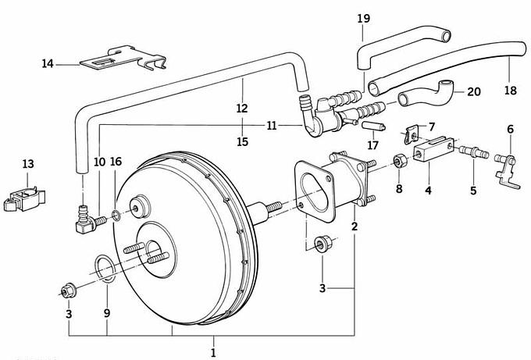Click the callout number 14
point(48,63)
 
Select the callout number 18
point(510,91)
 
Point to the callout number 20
point(474,91)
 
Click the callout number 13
point(28,164)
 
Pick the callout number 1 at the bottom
point(212,353)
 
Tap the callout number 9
point(107,313)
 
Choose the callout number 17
point(372,144)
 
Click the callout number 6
point(510,129)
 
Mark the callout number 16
point(116,162)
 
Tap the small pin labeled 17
point(372,125)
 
